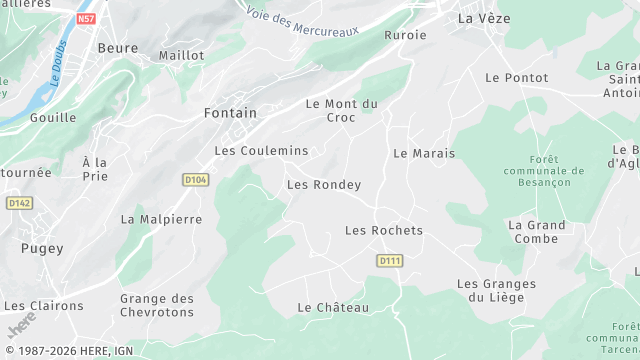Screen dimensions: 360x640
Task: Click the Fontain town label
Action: (230, 113)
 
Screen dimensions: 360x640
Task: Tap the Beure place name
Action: (117, 47)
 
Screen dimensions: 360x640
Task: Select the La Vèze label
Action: (478, 18)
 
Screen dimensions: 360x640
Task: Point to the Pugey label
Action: (42, 248)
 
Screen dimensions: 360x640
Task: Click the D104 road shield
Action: (195, 179)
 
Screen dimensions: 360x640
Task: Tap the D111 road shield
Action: (390, 260)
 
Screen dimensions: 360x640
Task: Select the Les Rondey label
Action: (323, 184)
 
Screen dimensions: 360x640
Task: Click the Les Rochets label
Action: (383, 230)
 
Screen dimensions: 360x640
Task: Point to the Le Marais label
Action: (424, 153)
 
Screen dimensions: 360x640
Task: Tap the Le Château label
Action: (334, 307)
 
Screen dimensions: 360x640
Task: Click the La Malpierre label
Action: (161, 219)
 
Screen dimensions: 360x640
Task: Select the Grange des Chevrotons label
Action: (157, 305)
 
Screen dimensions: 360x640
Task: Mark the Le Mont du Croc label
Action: (341, 110)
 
